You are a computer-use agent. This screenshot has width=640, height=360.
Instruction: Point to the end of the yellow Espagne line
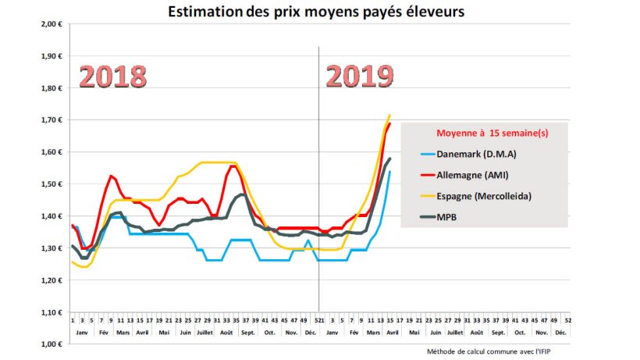pos(389,116)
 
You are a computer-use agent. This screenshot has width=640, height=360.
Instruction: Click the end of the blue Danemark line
pos(389,172)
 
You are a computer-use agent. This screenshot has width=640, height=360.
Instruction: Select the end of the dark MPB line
pos(389,159)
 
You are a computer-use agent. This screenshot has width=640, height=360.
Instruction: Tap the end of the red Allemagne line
pos(389,123)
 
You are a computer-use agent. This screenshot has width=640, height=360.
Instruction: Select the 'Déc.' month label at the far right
pos(560,333)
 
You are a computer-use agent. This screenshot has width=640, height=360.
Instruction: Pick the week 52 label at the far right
pos(567,320)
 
